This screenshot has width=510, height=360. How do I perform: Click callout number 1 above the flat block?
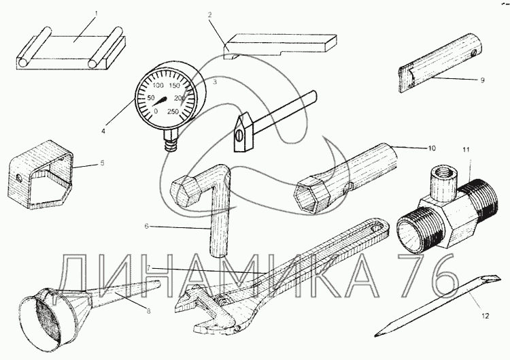[x=97, y=14]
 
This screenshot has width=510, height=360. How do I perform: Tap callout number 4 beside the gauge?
[x=103, y=131]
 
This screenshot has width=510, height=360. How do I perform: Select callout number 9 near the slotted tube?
[x=482, y=80]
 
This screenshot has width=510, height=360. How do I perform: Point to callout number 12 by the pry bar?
[x=485, y=316]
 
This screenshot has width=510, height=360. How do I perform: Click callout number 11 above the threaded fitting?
[x=466, y=150]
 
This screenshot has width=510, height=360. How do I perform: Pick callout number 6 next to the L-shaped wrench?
[x=146, y=226]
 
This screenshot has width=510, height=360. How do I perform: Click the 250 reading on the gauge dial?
[x=173, y=112]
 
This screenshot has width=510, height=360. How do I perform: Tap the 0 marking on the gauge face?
[x=156, y=111]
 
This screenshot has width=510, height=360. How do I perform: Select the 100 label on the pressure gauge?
[x=158, y=86]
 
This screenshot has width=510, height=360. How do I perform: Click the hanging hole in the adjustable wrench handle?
[x=379, y=226]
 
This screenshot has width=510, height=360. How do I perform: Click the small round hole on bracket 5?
[x=19, y=178]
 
